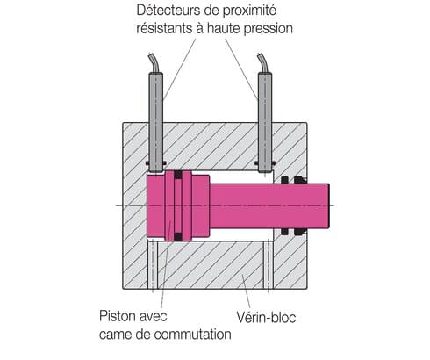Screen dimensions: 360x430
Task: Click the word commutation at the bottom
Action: point(191,335)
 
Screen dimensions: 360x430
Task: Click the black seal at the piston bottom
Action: point(178,236)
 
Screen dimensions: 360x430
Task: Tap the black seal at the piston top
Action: point(178,174)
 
